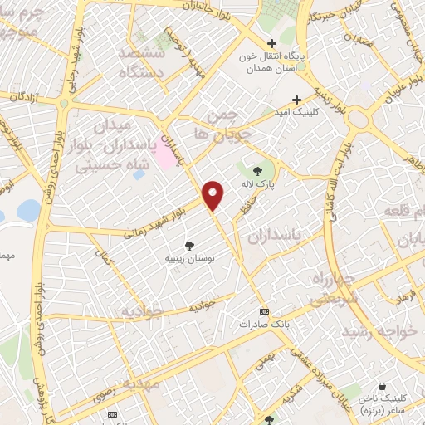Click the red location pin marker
214,194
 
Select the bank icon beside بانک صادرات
264,310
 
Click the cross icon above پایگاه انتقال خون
271,44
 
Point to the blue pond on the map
27,210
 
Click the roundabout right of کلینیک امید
359,119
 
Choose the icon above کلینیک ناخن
381,386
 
